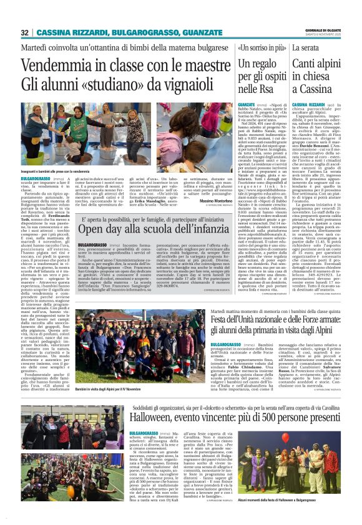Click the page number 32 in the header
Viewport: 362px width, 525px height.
tap(24, 32)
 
